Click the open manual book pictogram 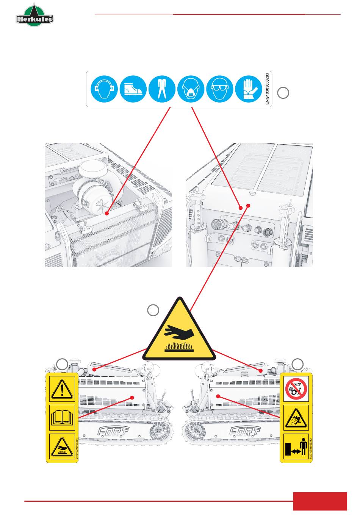(x=63, y=418)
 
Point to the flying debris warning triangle (x=296, y=418)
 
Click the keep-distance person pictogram (x=296, y=447)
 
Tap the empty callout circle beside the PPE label (x=283, y=93)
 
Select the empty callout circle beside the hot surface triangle (x=153, y=310)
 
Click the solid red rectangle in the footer (x=320, y=501)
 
